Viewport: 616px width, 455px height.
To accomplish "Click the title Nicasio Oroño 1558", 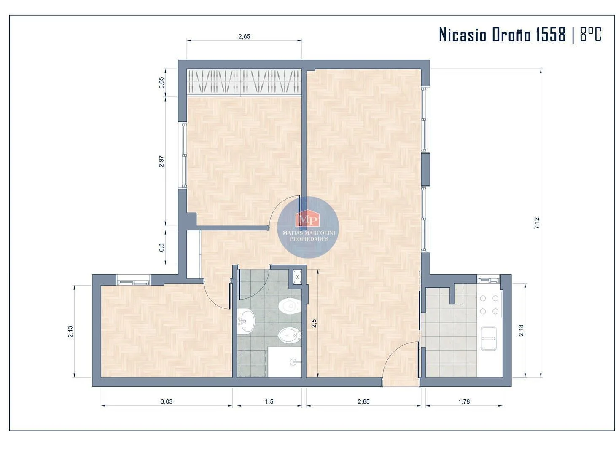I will click(x=502, y=35).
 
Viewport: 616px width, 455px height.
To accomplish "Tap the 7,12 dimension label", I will click(x=537, y=223).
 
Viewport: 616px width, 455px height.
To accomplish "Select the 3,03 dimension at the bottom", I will click(x=167, y=401).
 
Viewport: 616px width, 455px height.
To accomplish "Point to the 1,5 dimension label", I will click(x=269, y=401).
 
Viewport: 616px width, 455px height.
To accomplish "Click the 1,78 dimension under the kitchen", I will click(x=464, y=401).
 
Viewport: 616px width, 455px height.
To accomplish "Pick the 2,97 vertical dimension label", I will click(x=161, y=161).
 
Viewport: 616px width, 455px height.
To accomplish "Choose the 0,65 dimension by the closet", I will click(x=161, y=83).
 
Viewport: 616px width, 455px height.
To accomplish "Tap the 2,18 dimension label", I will click(x=522, y=330).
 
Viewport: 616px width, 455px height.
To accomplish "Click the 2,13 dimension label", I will click(x=71, y=332).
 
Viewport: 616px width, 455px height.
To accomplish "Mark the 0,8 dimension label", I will click(x=161, y=247).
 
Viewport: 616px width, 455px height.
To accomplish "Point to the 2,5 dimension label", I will click(x=313, y=324).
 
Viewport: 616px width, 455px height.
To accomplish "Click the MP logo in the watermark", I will click(x=308, y=219).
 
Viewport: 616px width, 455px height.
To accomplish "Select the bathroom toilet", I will click(x=290, y=306).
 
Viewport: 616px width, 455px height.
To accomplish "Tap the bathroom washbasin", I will click(x=246, y=321).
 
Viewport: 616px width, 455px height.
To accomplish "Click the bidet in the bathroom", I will click(x=290, y=335).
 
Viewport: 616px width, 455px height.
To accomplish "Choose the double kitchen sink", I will click(x=489, y=338).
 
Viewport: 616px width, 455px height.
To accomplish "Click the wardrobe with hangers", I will click(x=244, y=81).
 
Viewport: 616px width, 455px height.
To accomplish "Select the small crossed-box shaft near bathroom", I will click(x=297, y=277).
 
